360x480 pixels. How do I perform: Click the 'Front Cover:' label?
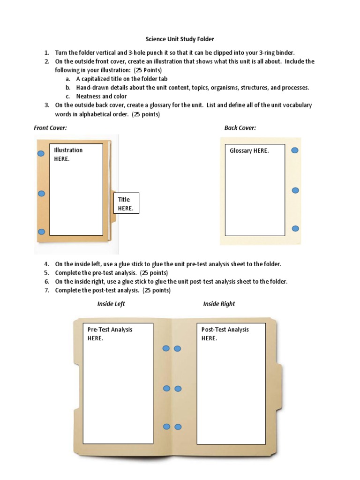50,128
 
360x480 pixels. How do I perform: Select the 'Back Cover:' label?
240,128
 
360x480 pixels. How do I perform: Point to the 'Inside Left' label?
111,304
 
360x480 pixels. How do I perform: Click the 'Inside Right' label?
219,304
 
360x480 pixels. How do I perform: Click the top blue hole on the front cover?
41,154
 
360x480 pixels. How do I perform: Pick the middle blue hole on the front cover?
41,194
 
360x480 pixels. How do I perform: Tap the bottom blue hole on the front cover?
41,232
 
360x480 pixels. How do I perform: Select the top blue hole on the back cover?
295,150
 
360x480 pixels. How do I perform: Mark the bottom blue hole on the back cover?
295,228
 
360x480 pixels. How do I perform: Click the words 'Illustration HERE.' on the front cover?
68,154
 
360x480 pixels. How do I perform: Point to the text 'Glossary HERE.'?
249,150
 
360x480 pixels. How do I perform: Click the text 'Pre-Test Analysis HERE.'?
110,334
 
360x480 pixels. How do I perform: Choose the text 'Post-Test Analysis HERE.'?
225,334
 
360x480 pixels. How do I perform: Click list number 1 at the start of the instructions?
47,52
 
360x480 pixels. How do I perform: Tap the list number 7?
47,290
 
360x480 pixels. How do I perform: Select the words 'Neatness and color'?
101,96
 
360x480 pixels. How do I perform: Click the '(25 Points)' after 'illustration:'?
148,70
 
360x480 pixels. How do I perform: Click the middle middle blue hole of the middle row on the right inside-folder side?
178,389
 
